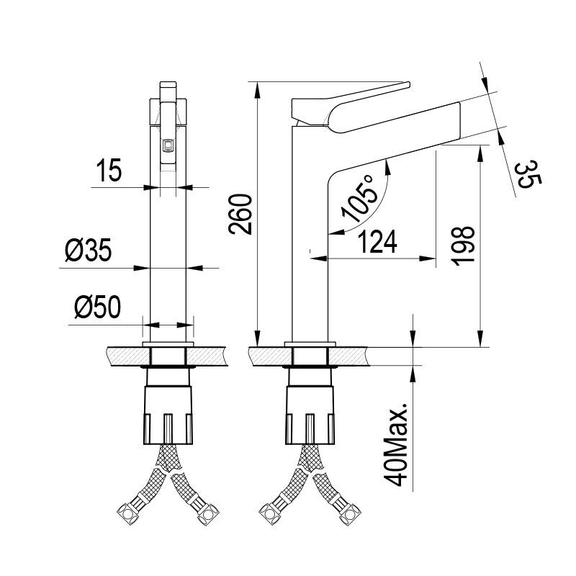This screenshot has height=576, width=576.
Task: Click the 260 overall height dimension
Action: click(240, 214)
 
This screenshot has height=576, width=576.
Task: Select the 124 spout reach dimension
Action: click(380, 243)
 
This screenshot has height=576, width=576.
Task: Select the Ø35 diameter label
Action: click(86, 251)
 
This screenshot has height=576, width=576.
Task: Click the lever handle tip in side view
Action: click(403, 84)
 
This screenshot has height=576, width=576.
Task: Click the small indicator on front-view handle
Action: click(168, 145)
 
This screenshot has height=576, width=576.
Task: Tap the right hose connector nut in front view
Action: click(210, 514)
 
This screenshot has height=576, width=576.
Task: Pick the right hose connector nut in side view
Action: click(354, 514)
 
